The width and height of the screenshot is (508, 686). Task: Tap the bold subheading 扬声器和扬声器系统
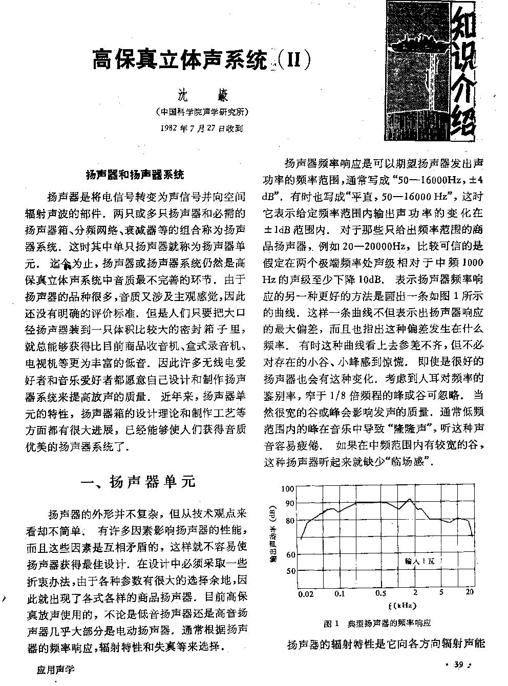point(134,175)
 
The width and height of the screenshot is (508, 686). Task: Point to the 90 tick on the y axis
point(290,503)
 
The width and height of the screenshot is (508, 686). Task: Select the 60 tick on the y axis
point(290,554)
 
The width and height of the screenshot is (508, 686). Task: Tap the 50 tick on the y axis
point(290,571)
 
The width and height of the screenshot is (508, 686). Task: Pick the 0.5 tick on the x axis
point(380,594)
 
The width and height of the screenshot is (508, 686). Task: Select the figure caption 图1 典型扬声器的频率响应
point(377,624)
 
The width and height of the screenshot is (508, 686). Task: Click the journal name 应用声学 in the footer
point(56,670)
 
